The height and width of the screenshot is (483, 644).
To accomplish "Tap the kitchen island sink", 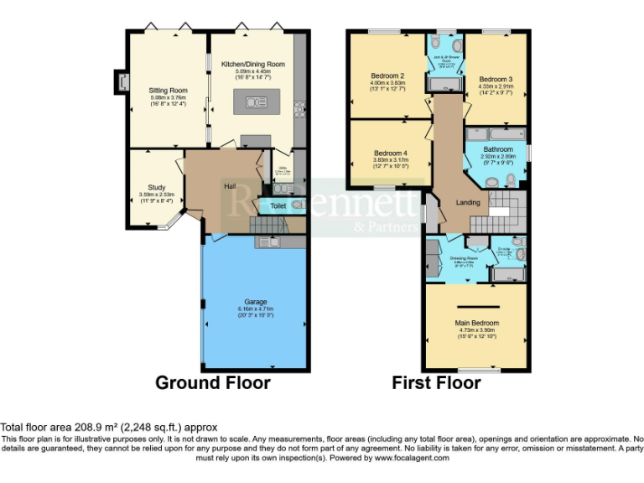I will coord(252,102).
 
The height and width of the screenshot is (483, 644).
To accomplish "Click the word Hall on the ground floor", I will coord(229,185).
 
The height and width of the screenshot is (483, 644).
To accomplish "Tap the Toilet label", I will coord(278,205).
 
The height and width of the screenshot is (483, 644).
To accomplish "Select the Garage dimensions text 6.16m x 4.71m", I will coord(255,309).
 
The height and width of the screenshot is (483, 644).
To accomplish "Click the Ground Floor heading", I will coord(213,383).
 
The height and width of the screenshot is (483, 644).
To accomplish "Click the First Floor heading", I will coord(436,383).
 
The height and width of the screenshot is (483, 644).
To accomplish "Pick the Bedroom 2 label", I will coord(388,75).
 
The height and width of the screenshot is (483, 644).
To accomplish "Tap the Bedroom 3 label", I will coord(496,80).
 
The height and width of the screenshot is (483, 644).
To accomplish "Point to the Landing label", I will coord(467,203).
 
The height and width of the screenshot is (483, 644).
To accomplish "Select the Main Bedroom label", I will coord(476,323).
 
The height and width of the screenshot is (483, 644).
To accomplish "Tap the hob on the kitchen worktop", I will coord(299,109).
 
